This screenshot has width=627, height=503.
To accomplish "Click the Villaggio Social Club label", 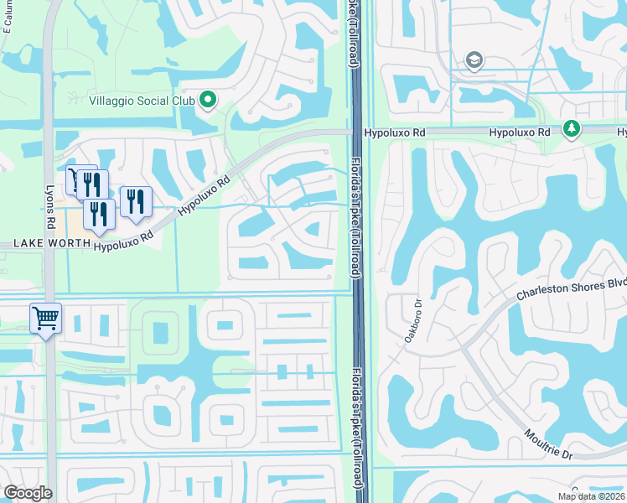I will [142, 101].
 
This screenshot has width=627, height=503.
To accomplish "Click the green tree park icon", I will [572, 128].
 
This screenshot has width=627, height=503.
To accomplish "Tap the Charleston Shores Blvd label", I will [571, 288].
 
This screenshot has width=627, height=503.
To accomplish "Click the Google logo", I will [27, 493].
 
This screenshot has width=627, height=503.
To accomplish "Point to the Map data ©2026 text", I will [592, 496].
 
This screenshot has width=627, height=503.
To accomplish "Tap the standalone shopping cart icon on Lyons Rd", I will [45, 318].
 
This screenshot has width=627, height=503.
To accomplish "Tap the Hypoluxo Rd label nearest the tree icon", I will [519, 132].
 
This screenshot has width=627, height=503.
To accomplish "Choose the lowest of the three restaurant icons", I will [99, 214].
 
